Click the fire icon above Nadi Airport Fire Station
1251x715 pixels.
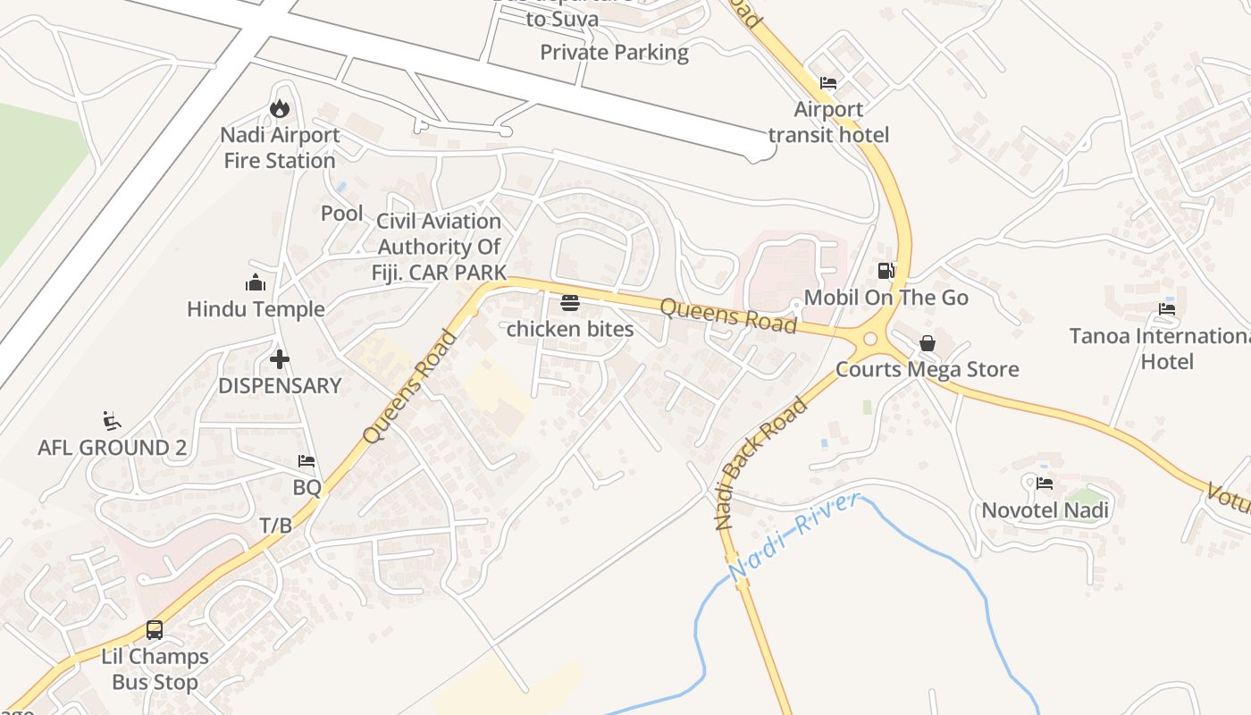[280, 108]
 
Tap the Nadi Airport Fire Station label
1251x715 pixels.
[280, 148]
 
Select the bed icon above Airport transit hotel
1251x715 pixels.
[828, 83]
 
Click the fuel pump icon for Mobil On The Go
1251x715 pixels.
[886, 271]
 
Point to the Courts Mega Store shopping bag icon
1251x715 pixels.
[928, 343]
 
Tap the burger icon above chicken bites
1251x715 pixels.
[570, 303]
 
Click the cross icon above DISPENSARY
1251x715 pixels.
[280, 359]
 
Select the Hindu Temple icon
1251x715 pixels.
[256, 283]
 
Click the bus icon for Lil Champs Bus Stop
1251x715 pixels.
[155, 630]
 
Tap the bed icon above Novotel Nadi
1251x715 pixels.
[1045, 484]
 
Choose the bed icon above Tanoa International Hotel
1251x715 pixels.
[1167, 309]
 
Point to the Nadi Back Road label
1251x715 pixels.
[761, 464]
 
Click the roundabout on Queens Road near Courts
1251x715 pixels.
[870, 339]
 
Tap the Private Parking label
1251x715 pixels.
[614, 53]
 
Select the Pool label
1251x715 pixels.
[342, 214]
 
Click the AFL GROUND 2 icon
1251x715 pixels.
[112, 421]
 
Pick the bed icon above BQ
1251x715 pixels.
[306, 461]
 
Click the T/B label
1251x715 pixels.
[275, 526]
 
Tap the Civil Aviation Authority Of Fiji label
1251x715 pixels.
[439, 247]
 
